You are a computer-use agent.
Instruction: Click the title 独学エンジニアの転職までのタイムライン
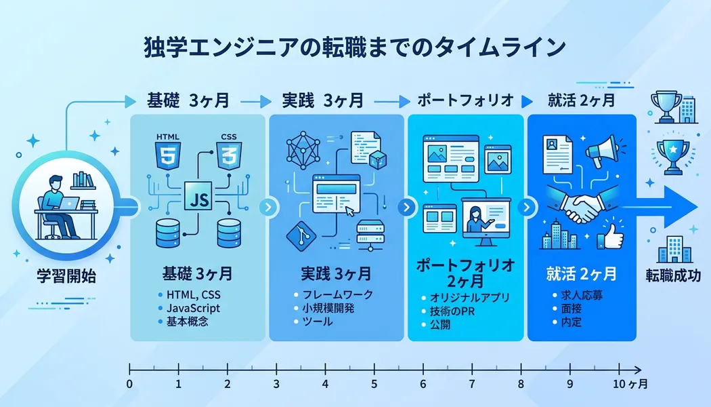point(355,49)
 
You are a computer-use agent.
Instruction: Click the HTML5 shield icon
point(167,155)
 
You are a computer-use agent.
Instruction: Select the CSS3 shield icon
point(228,155)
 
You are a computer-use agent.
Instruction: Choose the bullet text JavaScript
point(193,308)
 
